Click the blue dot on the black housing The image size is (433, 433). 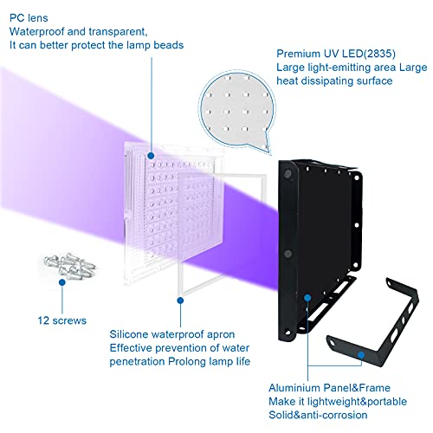click(307, 297)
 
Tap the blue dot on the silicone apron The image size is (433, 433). click(179, 301)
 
